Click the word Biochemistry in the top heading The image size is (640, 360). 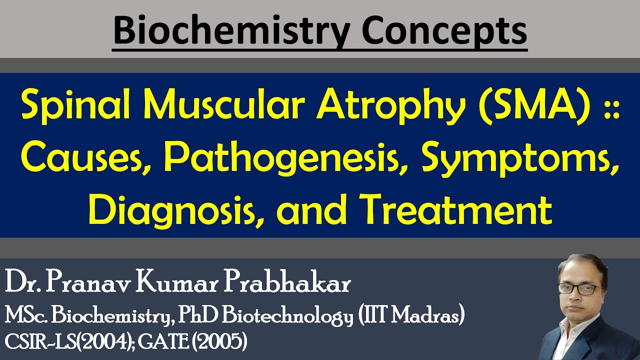[x=232, y=31]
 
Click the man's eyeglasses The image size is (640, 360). [x=578, y=289]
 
